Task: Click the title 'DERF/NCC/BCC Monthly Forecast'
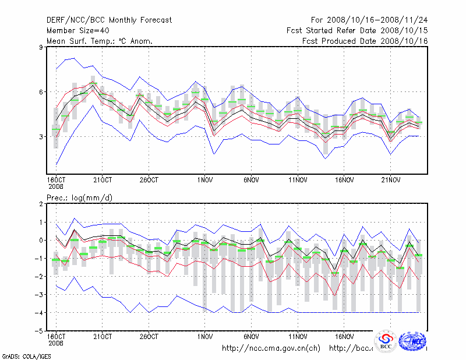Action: pos(109,20)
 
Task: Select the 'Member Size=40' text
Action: pos(77,31)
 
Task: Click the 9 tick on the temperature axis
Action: pos(41,47)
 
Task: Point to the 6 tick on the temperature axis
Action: pos(41,92)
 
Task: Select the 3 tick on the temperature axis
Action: pos(41,137)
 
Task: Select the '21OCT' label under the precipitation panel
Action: pos(103,337)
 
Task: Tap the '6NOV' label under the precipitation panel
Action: pos(251,337)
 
